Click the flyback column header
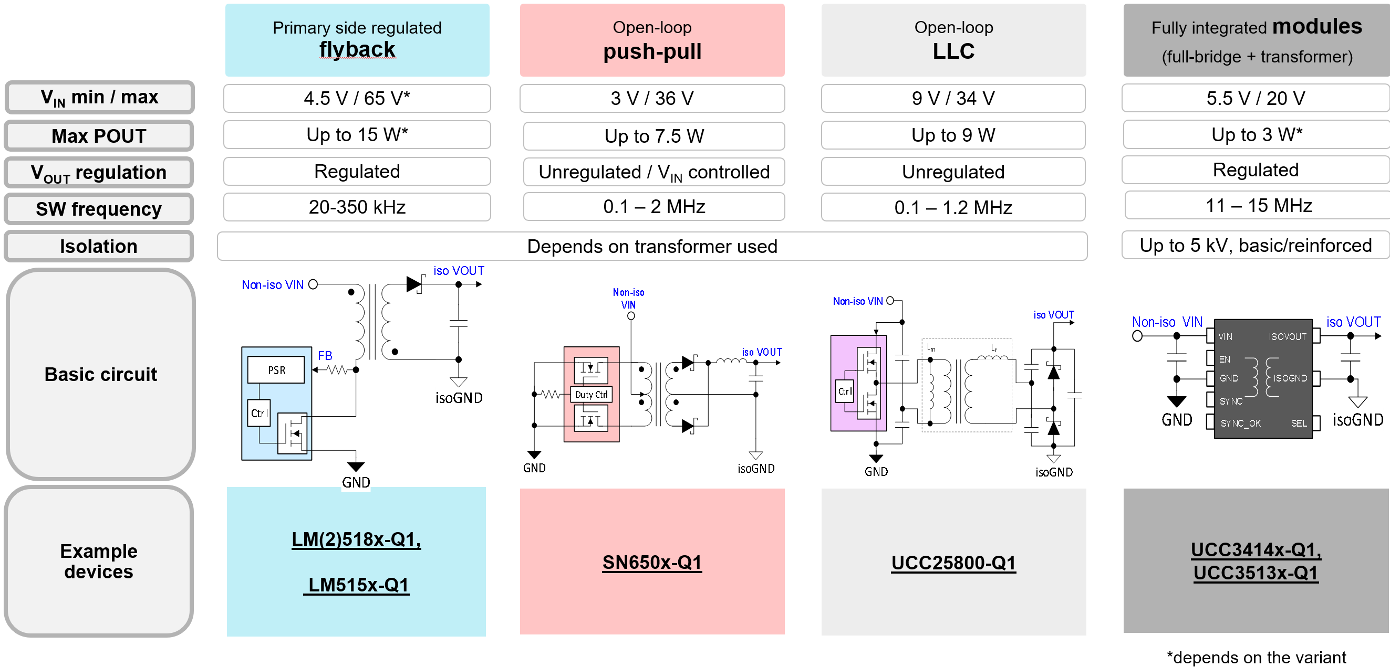pos(357,40)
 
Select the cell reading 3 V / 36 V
pos(651,98)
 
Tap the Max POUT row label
pos(99,136)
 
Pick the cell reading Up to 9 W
pos(952,135)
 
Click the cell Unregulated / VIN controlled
pos(653,172)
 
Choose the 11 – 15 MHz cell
pos(1258,205)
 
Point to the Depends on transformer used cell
pos(651,247)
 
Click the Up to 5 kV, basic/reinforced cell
pos(1254,246)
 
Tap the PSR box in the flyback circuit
pos(276,370)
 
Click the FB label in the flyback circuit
pos(325,356)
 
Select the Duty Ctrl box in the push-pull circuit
pos(591,395)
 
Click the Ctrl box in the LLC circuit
pos(845,391)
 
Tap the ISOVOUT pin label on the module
pos(1287,337)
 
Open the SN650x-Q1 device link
pos(651,563)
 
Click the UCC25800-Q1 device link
pos(953,563)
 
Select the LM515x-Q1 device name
pos(357,585)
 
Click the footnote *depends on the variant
pos(1256,658)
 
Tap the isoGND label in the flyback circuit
pos(459,398)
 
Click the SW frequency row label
pos(99,209)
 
